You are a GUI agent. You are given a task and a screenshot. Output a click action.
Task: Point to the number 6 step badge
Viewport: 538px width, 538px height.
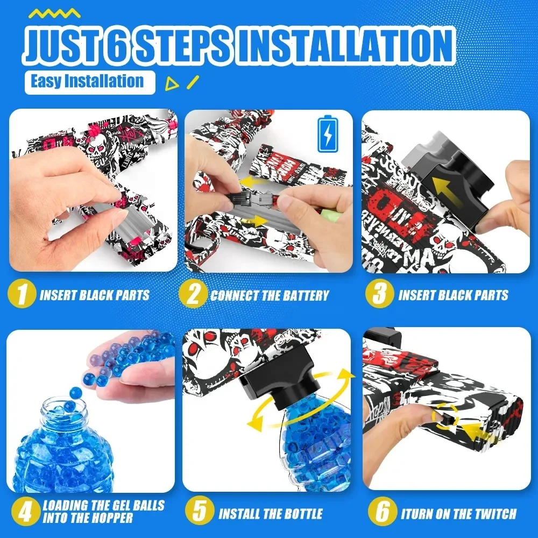(382, 512)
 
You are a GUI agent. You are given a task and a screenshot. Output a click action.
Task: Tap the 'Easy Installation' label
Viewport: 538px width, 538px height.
(87, 82)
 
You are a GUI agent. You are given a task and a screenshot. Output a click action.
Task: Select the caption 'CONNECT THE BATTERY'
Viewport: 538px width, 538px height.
(269, 295)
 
